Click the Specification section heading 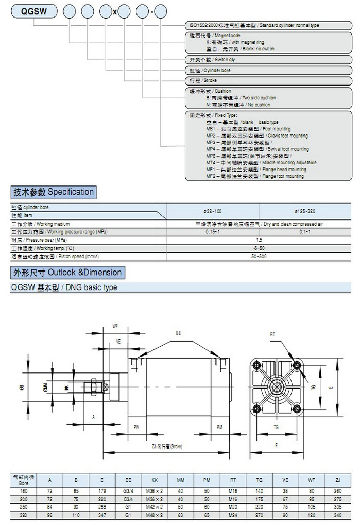[54, 192]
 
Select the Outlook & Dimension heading [67, 273]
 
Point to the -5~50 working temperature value [259, 248]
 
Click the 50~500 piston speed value [259, 256]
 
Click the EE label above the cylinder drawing [178, 334]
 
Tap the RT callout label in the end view [272, 334]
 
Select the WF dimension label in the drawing [115, 326]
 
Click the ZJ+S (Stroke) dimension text [167, 446]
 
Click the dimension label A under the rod [93, 416]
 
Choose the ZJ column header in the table [338, 480]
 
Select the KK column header [154, 480]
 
